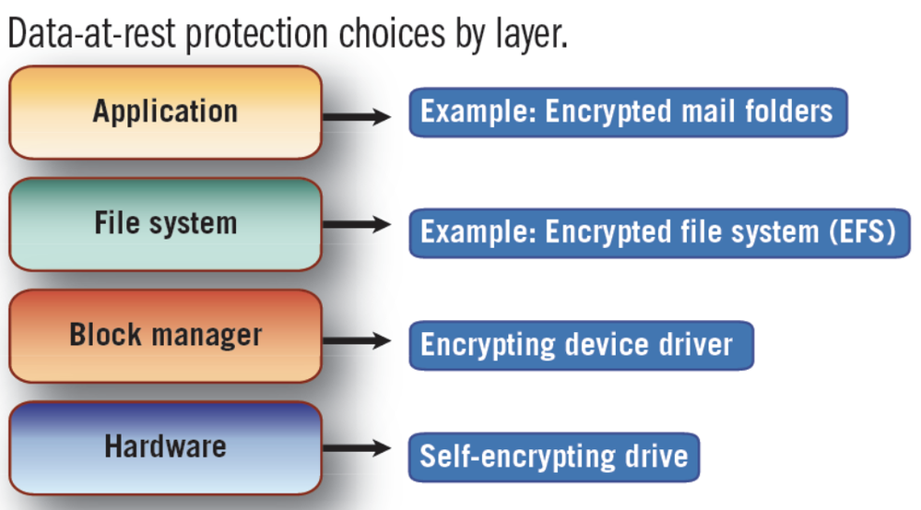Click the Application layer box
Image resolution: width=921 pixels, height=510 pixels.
(x=165, y=113)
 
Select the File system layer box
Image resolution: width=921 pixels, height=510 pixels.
(x=165, y=224)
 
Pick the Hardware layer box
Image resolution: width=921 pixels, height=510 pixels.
(x=165, y=447)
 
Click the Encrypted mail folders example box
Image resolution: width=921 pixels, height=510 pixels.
(x=627, y=113)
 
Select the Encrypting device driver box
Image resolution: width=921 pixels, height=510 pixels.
(x=581, y=345)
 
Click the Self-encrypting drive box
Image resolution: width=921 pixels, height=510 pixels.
(x=554, y=456)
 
